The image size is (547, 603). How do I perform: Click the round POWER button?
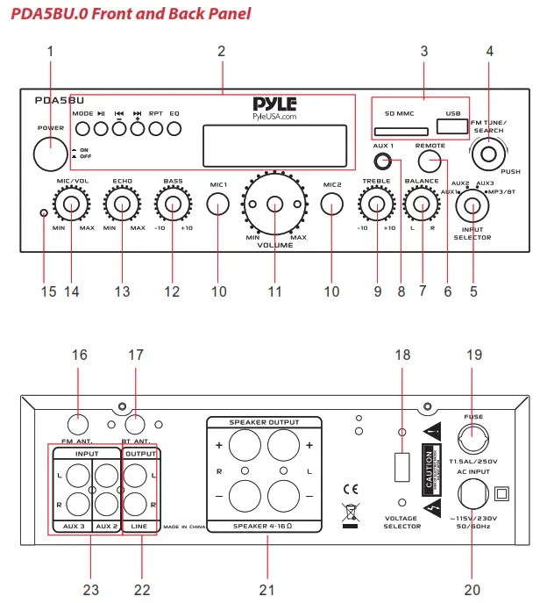50,155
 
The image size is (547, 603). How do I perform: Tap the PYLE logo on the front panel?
274,104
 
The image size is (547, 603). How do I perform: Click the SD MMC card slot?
396,132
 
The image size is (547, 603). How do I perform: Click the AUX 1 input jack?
382,161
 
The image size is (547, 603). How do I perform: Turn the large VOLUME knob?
275,205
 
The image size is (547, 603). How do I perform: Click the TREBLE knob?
377,205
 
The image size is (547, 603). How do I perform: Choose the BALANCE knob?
423,205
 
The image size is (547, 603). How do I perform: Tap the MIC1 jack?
219,205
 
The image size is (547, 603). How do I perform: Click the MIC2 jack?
331,205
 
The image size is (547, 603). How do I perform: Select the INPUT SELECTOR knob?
472,206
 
